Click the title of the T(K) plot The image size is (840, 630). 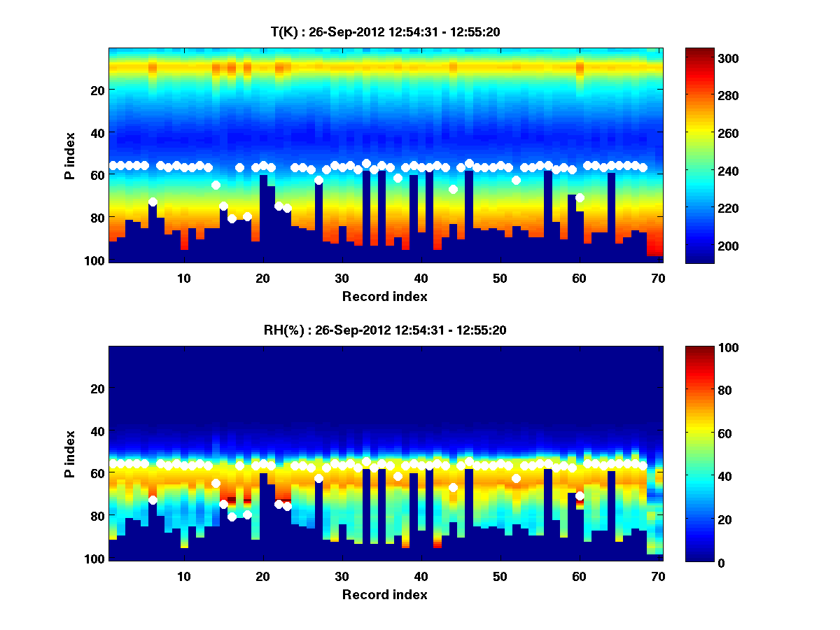coord(385,32)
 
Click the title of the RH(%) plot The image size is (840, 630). coord(385,330)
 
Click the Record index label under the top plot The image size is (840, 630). coord(385,297)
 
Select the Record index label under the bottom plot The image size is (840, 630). coord(385,595)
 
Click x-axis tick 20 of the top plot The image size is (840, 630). coord(263,277)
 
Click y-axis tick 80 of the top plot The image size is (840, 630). coord(97,218)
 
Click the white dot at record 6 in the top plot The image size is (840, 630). coord(153,202)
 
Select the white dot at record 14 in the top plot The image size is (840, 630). coord(216,185)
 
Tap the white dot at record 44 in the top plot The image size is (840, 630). coord(453,189)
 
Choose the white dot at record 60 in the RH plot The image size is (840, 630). coord(580,496)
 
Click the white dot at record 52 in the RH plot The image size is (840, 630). coord(516,478)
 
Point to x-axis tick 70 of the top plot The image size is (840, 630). coord(658,277)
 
